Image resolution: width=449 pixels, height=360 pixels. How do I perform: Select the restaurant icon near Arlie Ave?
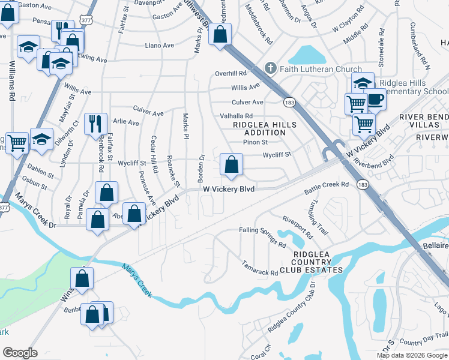(95, 124)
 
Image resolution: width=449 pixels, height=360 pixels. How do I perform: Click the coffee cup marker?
(376, 100)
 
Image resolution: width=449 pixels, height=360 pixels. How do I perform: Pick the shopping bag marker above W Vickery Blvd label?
(231, 165)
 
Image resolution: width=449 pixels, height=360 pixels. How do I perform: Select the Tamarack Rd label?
(260, 268)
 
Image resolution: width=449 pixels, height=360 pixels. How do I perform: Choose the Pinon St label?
(255, 142)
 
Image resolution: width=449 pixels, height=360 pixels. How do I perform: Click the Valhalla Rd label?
(237, 116)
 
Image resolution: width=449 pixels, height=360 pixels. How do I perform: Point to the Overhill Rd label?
(231, 74)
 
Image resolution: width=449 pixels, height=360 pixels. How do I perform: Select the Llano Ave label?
(159, 45)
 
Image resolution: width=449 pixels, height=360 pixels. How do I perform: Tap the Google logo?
(20, 352)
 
